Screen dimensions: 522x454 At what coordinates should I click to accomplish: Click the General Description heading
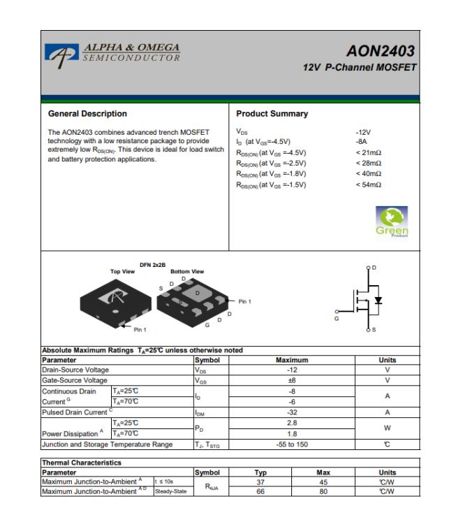(87, 114)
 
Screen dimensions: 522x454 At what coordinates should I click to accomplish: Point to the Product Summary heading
(272, 114)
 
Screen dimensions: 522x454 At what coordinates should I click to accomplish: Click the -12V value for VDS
(363, 131)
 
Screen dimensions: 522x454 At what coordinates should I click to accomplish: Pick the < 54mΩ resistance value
(368, 184)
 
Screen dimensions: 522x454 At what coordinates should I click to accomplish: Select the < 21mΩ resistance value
(368, 152)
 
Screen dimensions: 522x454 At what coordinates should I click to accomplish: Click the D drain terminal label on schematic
(374, 268)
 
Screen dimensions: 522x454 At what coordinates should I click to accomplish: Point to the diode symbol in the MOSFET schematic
(379, 300)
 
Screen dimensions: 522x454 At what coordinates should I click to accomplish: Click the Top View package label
(123, 271)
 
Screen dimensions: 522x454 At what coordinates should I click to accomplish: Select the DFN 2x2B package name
(152, 265)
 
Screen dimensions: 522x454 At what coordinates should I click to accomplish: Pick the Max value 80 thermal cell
(323, 492)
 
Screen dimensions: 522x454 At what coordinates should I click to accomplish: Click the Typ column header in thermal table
(260, 472)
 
